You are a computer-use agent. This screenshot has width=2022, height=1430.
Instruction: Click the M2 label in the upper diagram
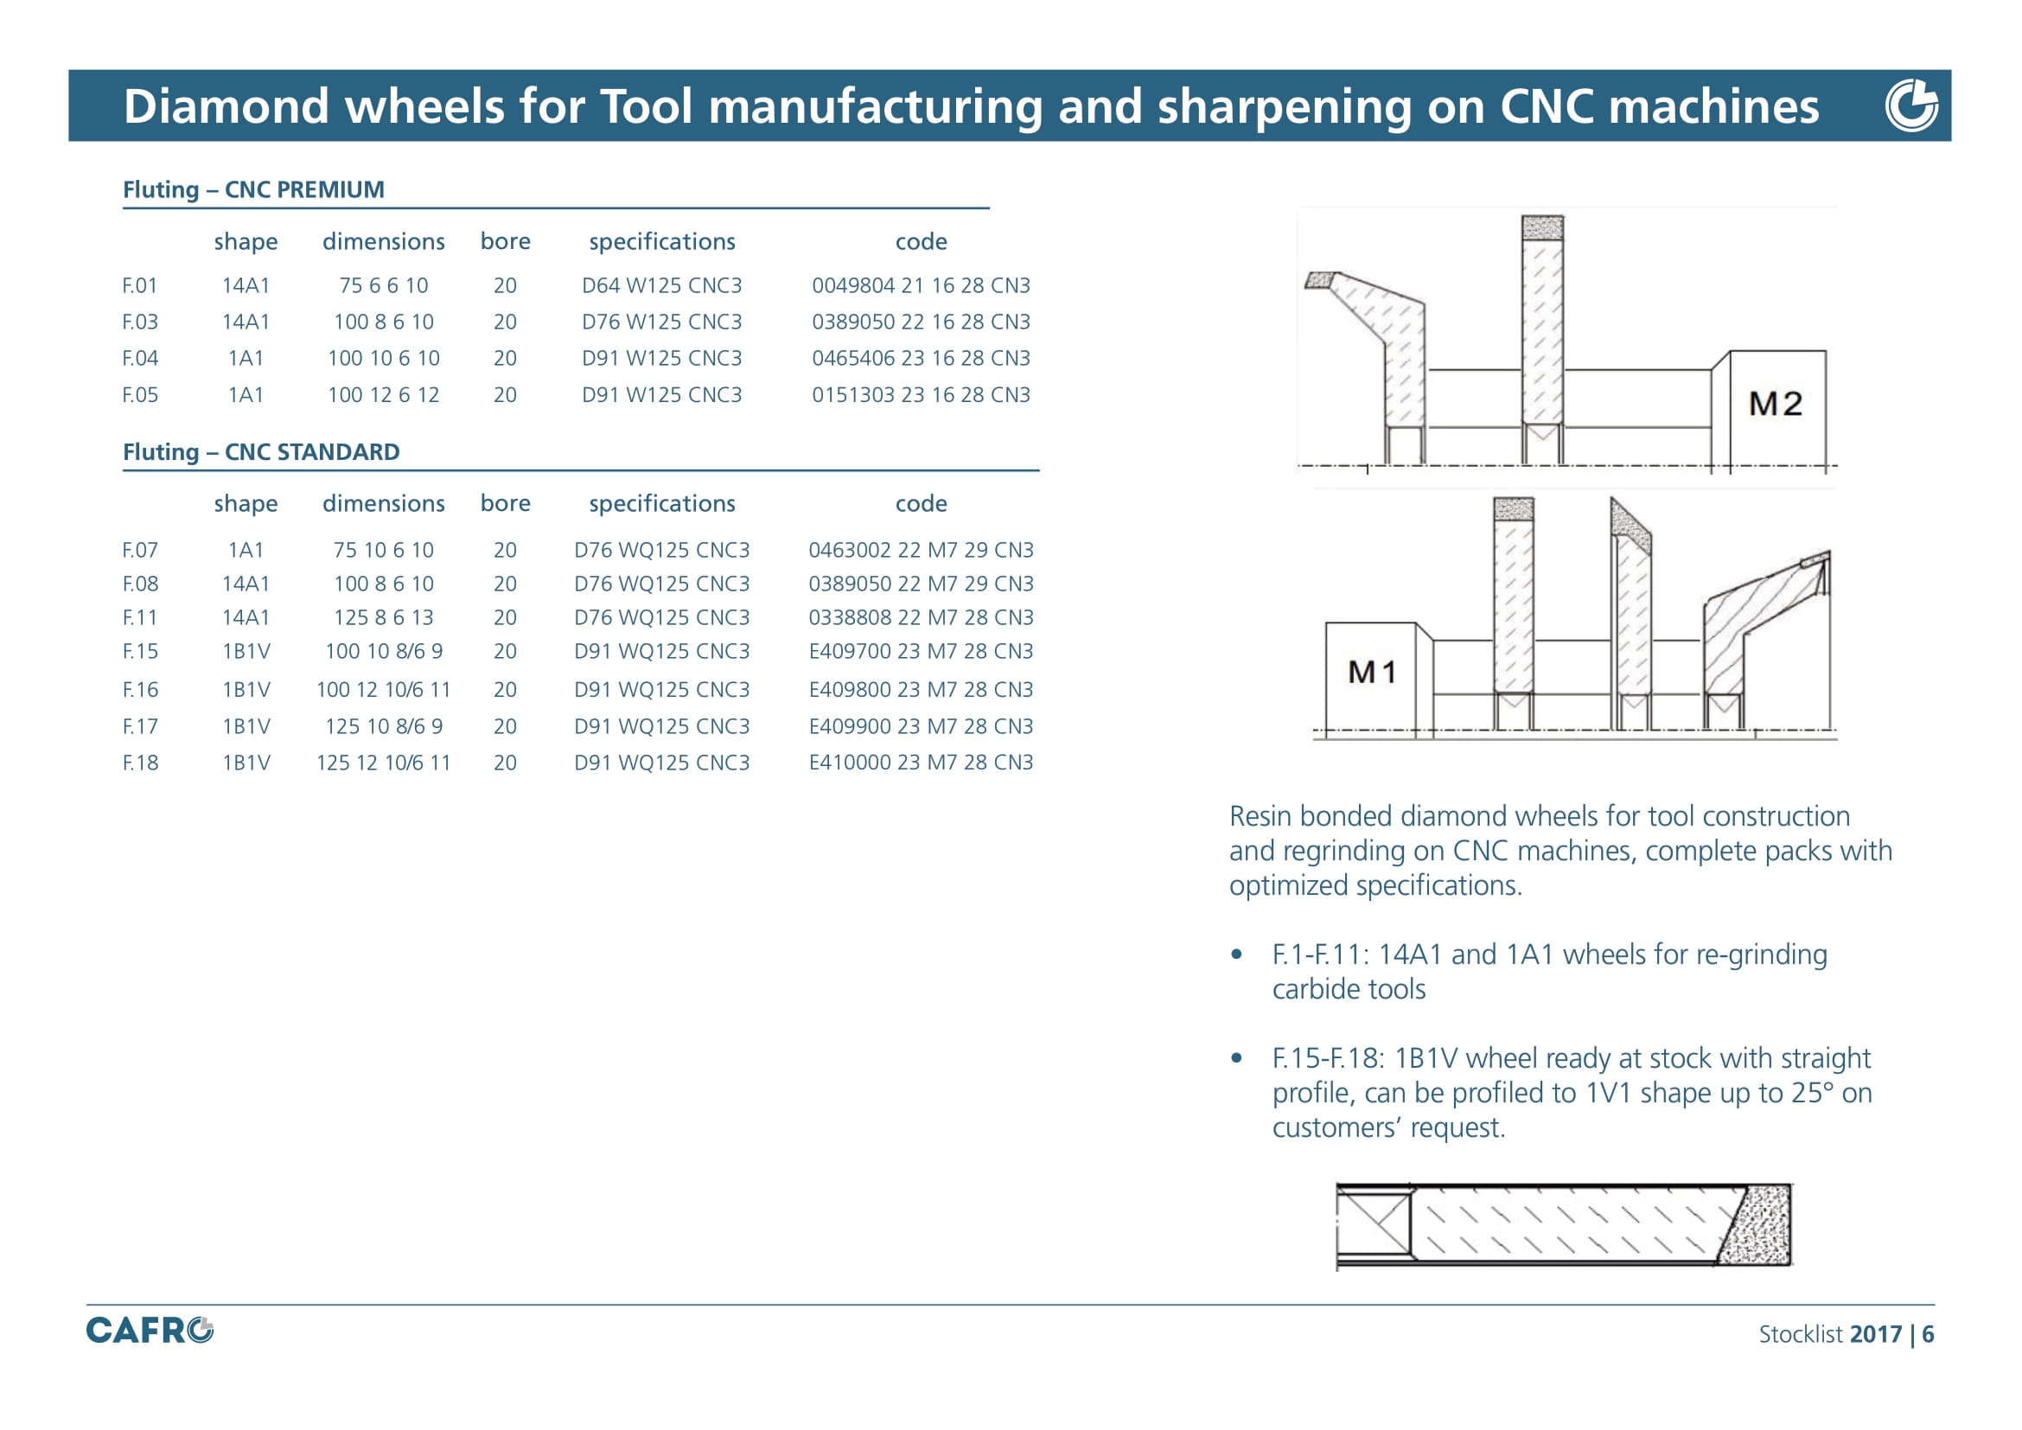tap(1775, 403)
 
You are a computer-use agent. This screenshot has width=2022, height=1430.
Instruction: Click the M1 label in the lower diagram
tap(1371, 672)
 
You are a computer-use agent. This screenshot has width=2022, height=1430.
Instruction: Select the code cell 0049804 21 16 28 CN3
tap(921, 285)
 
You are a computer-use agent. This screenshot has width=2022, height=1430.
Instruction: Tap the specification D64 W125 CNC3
tap(661, 285)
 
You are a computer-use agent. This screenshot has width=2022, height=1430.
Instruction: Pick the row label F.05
tap(140, 394)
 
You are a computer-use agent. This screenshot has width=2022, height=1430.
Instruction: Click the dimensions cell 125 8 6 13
tap(383, 617)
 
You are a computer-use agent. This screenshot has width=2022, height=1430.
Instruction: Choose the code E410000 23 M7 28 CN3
tap(921, 763)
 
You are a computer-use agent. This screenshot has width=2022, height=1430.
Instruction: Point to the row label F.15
tap(140, 652)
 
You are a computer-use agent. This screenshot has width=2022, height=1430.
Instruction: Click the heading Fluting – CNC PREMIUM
tap(253, 189)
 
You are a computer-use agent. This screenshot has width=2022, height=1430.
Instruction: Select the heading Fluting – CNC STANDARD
tap(261, 451)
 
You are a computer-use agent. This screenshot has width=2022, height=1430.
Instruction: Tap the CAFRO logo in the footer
tap(150, 1330)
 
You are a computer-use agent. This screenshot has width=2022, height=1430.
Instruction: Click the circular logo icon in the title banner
tap(1911, 105)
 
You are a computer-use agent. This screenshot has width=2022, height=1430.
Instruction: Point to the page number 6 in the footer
tap(1928, 1334)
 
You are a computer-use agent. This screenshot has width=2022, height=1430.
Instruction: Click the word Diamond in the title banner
tap(226, 105)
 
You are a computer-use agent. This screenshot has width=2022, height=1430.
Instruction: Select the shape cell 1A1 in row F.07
tap(246, 551)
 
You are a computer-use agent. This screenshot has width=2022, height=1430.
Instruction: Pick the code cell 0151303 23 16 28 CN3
tap(921, 394)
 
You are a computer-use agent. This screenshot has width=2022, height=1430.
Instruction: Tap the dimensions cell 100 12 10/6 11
tap(383, 689)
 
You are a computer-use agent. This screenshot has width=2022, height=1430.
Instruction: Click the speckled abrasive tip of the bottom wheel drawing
tap(1755, 1225)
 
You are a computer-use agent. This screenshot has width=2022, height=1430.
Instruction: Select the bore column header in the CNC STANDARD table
tap(506, 503)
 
